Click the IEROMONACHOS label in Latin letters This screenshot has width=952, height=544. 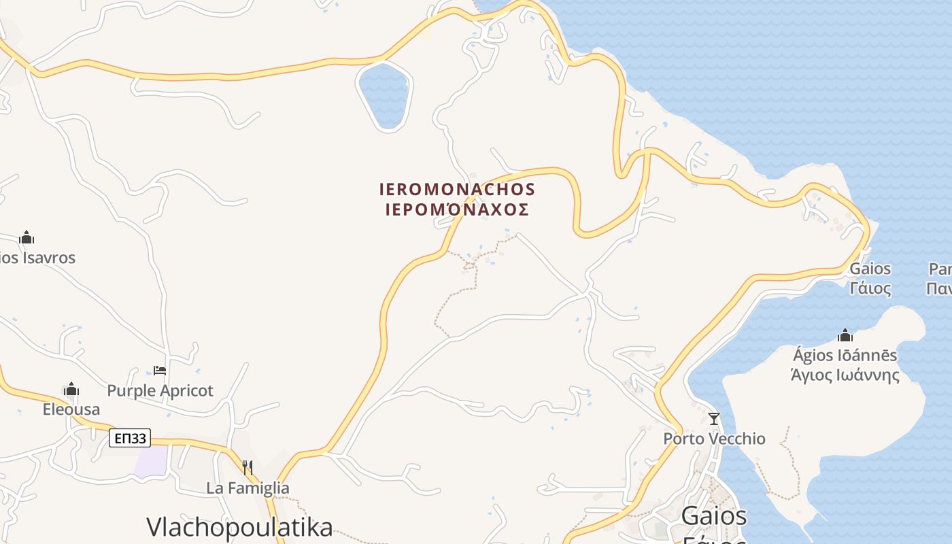[457, 189]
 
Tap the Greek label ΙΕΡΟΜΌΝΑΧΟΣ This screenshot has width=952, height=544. [457, 209]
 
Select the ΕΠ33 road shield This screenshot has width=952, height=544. [130, 439]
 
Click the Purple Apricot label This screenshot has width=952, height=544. [160, 391]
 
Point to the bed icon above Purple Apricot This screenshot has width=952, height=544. [160, 371]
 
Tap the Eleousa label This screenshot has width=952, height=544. [71, 409]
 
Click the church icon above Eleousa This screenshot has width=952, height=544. [71, 390]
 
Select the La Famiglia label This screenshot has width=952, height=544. [248, 488]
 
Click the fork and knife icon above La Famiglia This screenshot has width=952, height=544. [248, 468]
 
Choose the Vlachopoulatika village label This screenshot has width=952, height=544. [240, 527]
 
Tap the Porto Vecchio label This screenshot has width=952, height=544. [714, 439]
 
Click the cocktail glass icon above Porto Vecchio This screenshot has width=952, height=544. [714, 419]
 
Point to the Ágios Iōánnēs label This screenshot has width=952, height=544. [845, 356]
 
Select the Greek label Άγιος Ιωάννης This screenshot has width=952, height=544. [845, 375]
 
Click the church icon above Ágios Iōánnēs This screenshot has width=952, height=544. [845, 336]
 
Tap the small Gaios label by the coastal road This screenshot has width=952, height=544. [870, 269]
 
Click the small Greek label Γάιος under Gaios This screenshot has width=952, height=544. [870, 288]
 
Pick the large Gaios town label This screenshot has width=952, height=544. [714, 516]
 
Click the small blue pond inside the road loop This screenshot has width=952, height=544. [384, 95]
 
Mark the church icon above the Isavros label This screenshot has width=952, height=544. [27, 238]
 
